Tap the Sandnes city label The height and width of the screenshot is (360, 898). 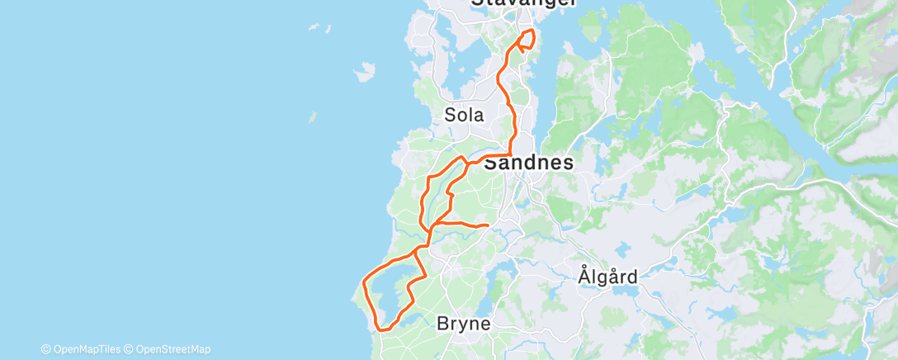[x=528, y=163]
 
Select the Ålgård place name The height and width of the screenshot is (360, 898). [x=607, y=276]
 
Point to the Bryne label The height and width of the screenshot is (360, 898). [x=463, y=324]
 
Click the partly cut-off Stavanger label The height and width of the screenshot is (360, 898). [x=523, y=3]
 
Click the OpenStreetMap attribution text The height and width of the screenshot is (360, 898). [x=173, y=349]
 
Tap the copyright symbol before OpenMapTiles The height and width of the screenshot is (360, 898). [x=46, y=349]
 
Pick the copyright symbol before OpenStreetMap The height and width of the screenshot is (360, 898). [x=131, y=349]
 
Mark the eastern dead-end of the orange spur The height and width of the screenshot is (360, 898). [x=489, y=225]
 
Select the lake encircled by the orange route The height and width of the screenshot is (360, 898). [x=388, y=289]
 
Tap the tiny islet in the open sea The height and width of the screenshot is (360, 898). [x=312, y=117]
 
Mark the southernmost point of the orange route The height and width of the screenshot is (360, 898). [x=381, y=329]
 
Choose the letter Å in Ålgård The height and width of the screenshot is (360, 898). [x=584, y=276]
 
